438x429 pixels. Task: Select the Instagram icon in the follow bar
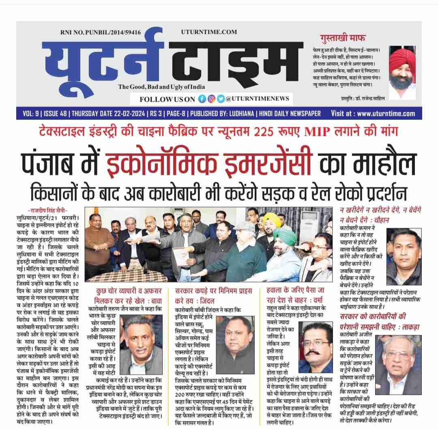(211, 99)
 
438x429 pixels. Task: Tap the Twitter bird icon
(220, 99)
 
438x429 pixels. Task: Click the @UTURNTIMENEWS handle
(257, 99)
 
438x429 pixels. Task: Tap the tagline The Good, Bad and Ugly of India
(161, 87)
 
